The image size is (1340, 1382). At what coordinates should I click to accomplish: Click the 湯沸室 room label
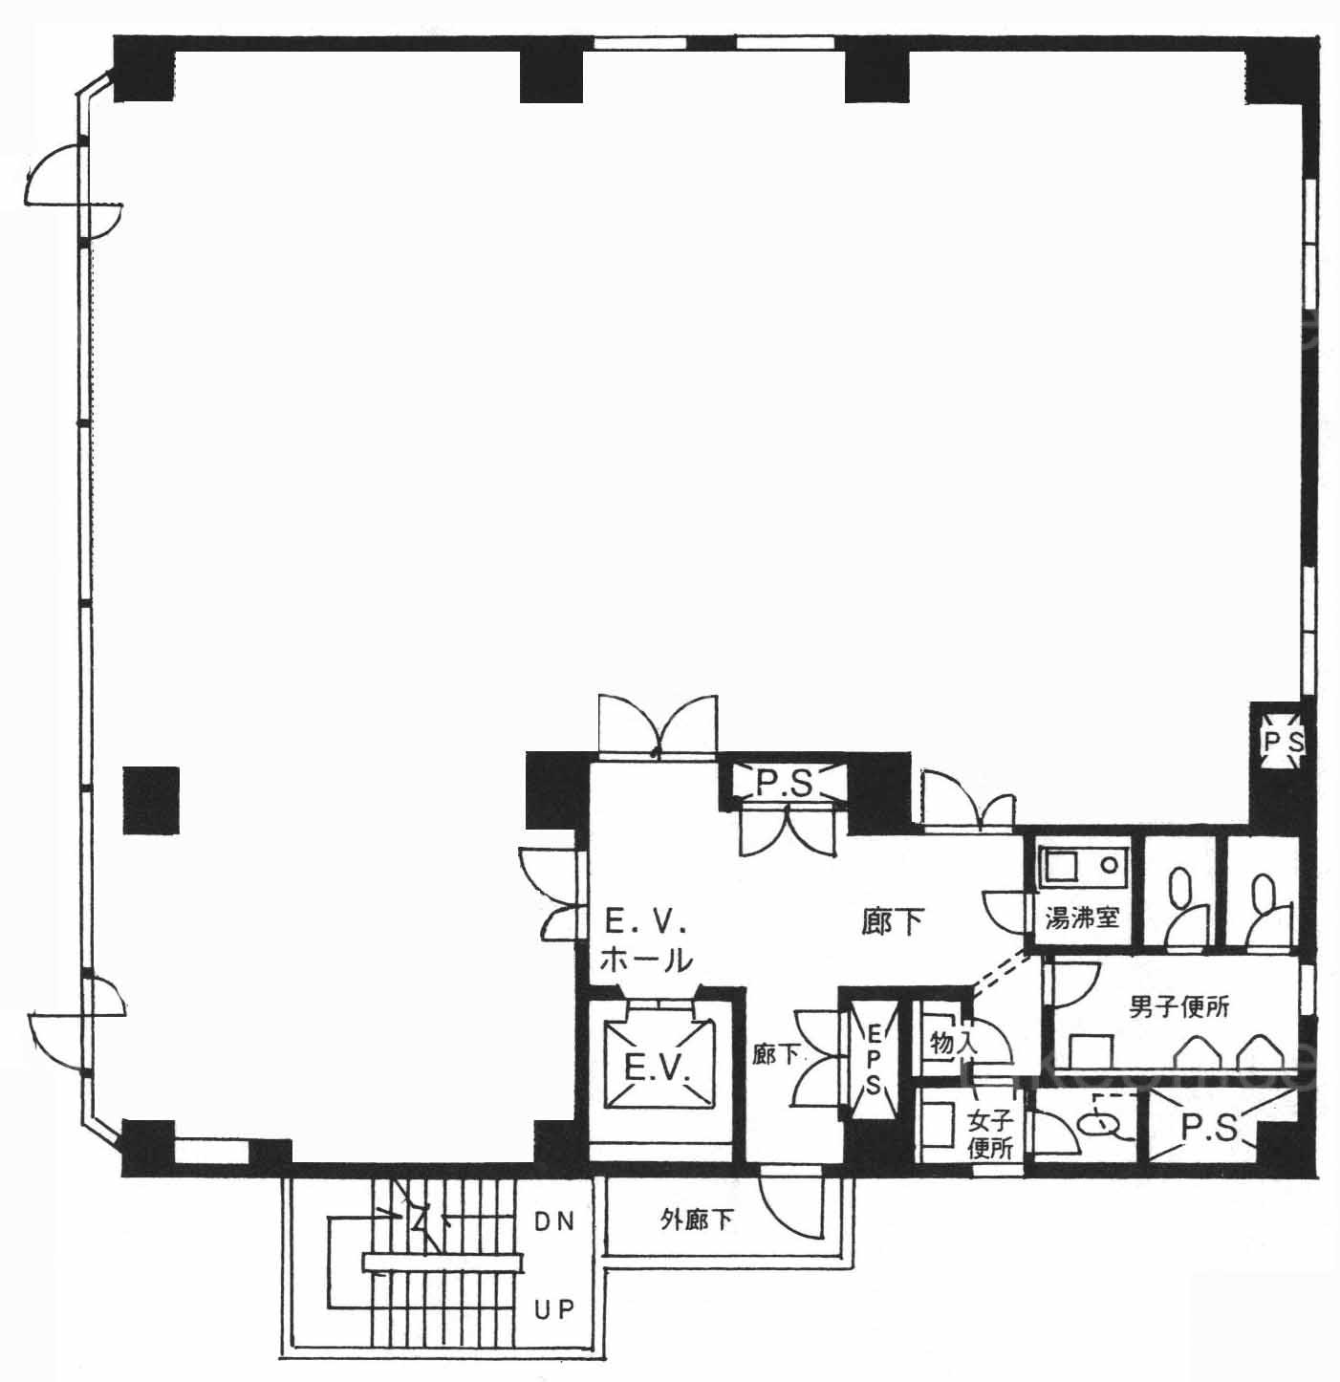click(1081, 918)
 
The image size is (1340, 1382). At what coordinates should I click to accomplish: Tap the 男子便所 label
click(1178, 1006)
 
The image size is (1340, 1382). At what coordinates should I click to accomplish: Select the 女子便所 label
click(990, 1134)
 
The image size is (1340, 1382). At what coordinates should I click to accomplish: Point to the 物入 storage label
click(953, 1044)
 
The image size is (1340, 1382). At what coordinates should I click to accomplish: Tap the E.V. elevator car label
click(657, 1067)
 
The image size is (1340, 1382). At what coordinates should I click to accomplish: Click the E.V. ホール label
click(645, 942)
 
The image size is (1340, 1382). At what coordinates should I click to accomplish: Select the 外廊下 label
click(697, 1220)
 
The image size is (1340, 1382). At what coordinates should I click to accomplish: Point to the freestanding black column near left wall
click(151, 800)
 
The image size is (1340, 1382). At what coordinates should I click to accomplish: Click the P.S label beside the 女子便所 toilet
click(1209, 1127)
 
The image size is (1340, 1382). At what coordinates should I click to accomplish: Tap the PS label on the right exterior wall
click(1284, 743)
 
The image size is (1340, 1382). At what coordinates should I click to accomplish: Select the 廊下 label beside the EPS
click(775, 1054)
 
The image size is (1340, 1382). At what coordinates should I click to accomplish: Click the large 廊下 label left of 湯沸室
click(893, 922)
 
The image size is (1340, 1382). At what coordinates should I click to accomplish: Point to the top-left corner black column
click(145, 69)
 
